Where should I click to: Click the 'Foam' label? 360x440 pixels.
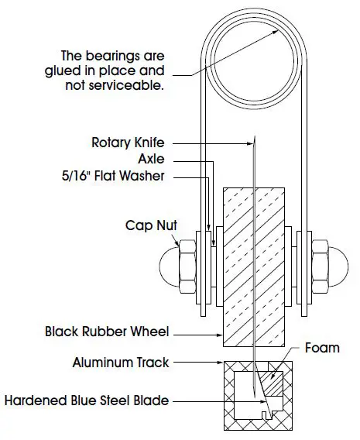(x=322, y=347)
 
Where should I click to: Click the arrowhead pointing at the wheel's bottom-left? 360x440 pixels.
(x=220, y=334)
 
